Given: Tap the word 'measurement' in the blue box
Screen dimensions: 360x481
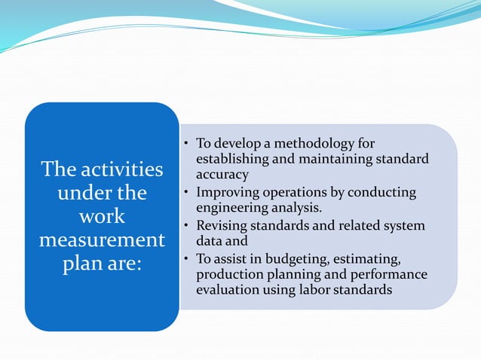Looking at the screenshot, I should (101, 243).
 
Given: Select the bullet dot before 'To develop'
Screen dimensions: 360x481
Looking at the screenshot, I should (185, 143).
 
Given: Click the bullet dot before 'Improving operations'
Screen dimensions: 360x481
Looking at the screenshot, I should (185, 193).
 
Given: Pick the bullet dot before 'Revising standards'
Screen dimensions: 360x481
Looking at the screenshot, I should (185, 226).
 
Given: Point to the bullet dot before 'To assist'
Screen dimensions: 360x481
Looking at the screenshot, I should (185, 260).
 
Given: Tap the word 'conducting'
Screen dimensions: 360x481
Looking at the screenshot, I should (384, 193).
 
